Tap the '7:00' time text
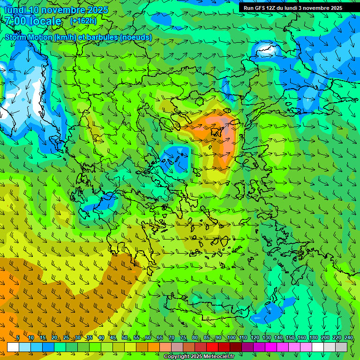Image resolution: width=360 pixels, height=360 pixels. [x=15, y=21]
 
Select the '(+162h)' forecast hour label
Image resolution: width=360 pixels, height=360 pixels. [x=83, y=21]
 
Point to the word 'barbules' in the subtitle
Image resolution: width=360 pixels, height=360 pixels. [x=105, y=37]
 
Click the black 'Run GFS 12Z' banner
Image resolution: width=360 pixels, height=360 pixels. [x=292, y=8]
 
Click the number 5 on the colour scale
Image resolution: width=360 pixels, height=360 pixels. [x=18, y=338]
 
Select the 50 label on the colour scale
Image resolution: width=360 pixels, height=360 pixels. [x=125, y=338]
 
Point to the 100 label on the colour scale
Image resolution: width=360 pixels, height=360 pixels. [x=231, y=338]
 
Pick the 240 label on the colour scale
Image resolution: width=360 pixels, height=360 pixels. [x=349, y=338]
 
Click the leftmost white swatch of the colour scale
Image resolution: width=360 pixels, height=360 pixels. [x=13, y=347]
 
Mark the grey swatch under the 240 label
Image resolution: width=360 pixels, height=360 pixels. [x=341, y=347]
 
